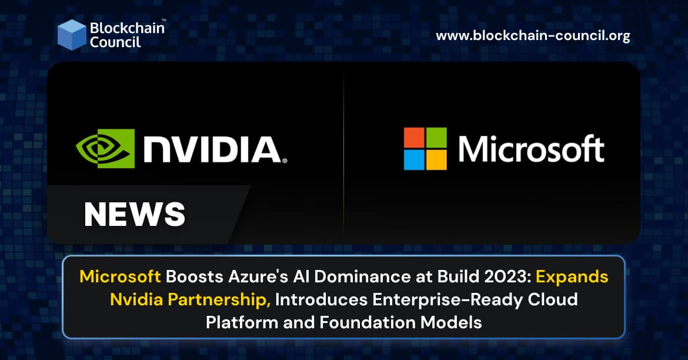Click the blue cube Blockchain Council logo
[72, 35]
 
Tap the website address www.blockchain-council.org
[533, 35]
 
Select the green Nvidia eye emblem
[105, 148]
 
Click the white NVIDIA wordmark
[215, 149]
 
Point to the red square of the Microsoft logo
[414, 138]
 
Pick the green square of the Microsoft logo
[436, 138]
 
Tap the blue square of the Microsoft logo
[414, 160]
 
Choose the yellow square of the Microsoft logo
[436, 160]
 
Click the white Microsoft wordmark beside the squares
[532, 149]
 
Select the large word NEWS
[135, 214]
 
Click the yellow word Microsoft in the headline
[120, 276]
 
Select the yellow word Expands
[572, 276]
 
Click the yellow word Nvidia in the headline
[136, 299]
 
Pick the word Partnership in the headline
[219, 300]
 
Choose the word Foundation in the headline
[368, 323]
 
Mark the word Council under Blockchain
[115, 42]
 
